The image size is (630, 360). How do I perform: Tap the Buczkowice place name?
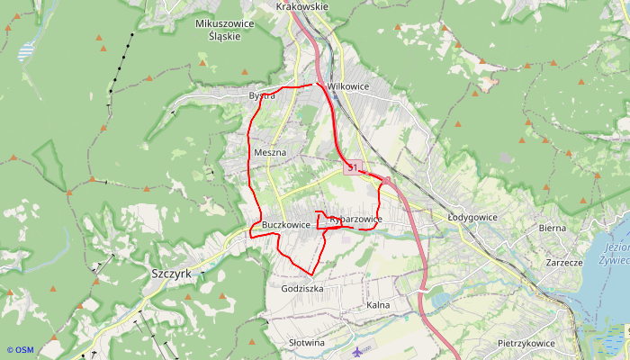[x=286, y=224]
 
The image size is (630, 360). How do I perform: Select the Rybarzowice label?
[x=356, y=219]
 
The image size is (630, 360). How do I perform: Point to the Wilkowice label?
[x=348, y=86]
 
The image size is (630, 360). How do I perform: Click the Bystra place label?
[x=262, y=95]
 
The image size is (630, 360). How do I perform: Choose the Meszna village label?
[x=270, y=152]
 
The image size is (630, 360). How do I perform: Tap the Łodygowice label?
[x=473, y=216]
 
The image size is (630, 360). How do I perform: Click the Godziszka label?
[x=301, y=288]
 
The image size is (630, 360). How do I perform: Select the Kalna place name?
[x=378, y=306]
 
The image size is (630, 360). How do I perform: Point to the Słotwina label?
[x=305, y=343]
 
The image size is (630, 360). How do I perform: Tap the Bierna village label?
[x=552, y=228]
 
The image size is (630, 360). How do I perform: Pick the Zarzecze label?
[x=564, y=262]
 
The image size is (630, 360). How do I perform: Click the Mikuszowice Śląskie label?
[x=220, y=31]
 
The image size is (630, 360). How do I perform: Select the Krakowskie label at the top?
[x=302, y=6]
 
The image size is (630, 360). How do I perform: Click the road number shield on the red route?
[x=351, y=167]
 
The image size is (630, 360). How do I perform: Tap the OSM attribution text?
[x=19, y=350]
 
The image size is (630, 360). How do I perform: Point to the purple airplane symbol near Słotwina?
[x=361, y=350]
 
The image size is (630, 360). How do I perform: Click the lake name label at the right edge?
[x=616, y=253]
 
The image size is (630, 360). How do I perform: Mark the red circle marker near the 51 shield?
[x=385, y=181]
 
